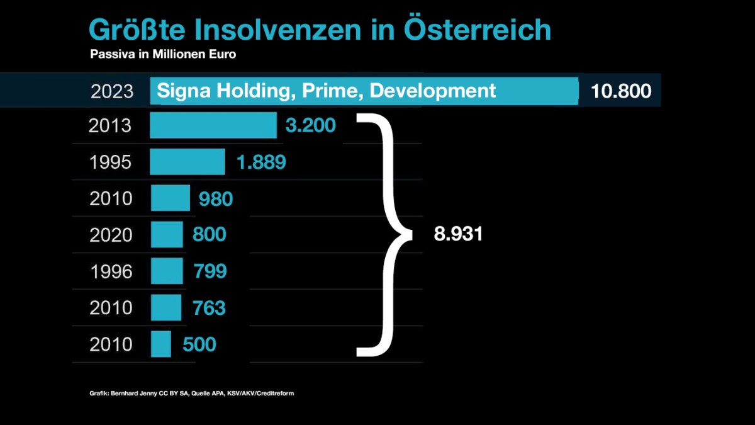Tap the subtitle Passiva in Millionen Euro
click(163, 54)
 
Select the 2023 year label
click(112, 91)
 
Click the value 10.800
click(621, 91)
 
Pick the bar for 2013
click(213, 125)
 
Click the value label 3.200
click(310, 125)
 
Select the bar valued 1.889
click(187, 162)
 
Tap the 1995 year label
click(110, 162)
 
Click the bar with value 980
click(171, 198)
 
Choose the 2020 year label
click(111, 235)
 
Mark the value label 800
click(209, 235)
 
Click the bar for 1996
click(167, 271)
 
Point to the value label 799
click(209, 271)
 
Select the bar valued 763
click(166, 307)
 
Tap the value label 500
click(199, 344)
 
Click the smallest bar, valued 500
click(161, 344)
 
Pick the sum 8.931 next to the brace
click(458, 234)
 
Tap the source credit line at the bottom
click(192, 394)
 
